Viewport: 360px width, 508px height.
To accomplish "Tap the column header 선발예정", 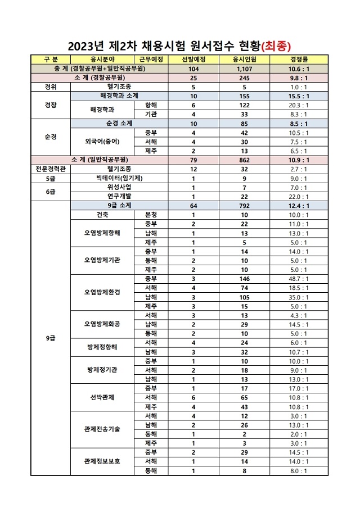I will click(x=193, y=59).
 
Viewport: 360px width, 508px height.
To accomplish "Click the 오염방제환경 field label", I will click(x=102, y=292).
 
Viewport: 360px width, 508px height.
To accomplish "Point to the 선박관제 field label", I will click(x=102, y=397).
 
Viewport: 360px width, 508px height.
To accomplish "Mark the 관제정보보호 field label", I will click(x=102, y=461).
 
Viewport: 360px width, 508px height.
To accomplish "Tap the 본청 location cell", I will click(x=151, y=215).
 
